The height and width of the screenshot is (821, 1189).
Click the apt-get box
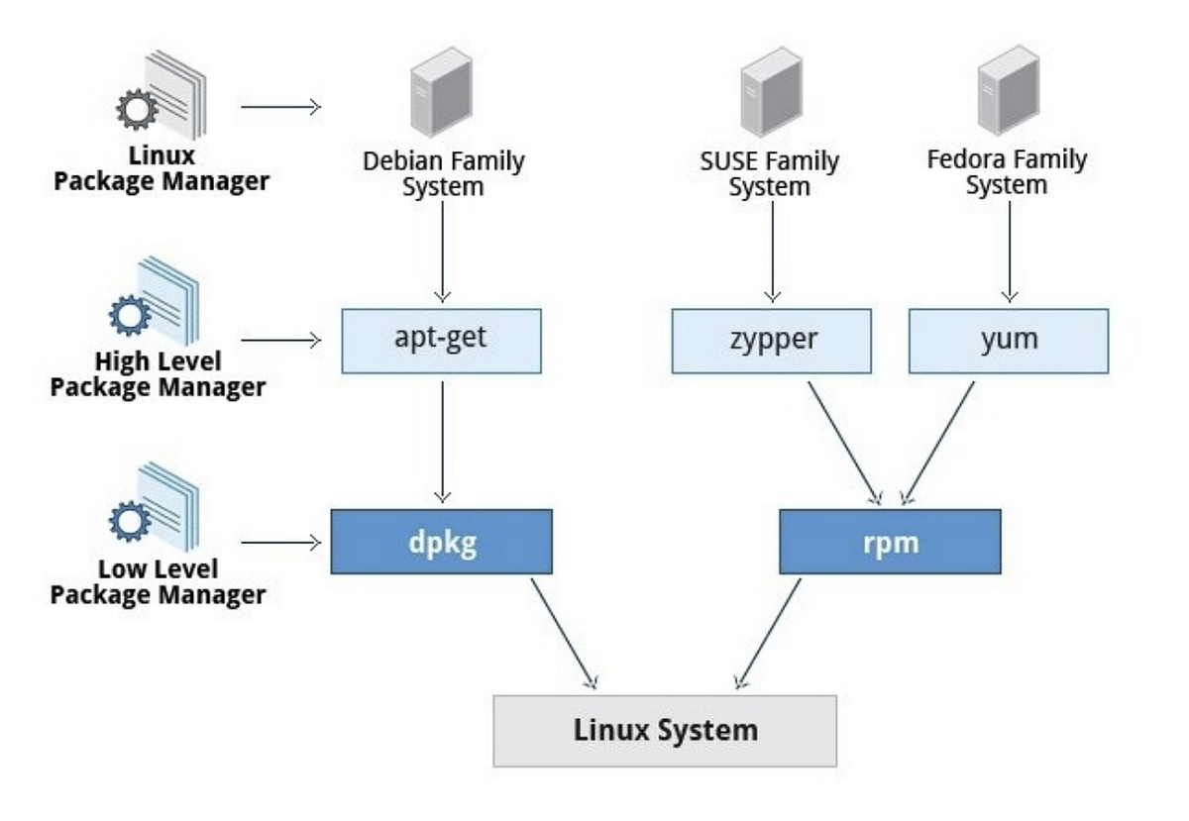pos(442,342)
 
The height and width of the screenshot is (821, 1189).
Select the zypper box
pos(771,342)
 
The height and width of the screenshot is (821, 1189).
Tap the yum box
pos(1009,342)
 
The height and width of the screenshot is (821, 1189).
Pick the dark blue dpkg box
pos(442,542)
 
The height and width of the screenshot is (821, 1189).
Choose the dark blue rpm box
pos(890,542)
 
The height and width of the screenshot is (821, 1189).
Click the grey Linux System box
pos(665,731)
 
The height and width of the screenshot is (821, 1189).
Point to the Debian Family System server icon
pos(442,92)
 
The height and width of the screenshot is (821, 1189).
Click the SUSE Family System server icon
pos(771,92)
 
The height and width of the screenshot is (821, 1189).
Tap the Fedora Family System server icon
pos(1009,90)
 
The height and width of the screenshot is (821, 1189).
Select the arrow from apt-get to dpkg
pos(442,442)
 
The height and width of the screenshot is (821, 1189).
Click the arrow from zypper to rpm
pos(844,443)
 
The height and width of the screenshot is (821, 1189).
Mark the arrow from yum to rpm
pos(938,443)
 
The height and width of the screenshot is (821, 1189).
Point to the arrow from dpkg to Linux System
pos(564,634)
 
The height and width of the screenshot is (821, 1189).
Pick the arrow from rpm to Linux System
pos(768,634)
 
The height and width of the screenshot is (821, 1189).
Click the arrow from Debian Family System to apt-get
pos(442,253)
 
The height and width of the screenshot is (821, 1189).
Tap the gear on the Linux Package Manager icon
pos(137,109)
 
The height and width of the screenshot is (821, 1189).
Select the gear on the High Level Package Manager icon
pos(130,315)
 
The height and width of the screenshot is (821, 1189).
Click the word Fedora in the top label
pos(965,159)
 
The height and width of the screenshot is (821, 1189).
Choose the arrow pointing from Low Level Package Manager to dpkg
pos(281,543)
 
